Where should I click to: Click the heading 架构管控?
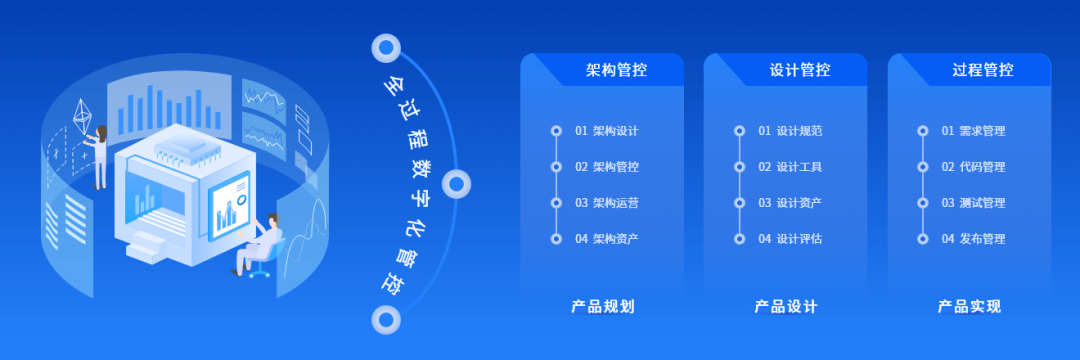point(616,70)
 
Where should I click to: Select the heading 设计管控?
point(800,70)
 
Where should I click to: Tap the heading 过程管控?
point(983,70)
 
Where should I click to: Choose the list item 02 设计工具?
point(790,167)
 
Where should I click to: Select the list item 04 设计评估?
point(790,239)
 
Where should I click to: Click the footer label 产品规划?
point(603,307)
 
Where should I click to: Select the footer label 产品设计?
point(786,307)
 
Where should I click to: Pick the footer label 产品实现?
point(969,307)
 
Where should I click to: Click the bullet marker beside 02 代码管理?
point(923,167)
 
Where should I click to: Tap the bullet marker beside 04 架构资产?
point(556,239)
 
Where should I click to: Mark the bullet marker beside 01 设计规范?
point(740,131)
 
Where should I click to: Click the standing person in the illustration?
point(100,155)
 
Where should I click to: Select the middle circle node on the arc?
point(456,183)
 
